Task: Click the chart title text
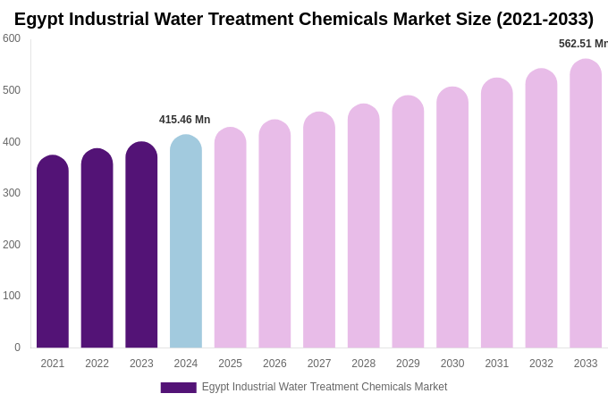(304, 19)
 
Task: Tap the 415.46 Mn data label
(185, 120)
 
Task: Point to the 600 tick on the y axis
(12, 38)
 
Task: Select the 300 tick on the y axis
(12, 193)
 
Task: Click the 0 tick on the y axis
(17, 348)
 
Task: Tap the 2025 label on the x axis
(231, 364)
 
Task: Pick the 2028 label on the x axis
(364, 364)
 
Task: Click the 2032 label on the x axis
(541, 364)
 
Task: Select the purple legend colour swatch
(178, 388)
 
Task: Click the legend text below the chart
(325, 387)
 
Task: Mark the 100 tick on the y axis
(12, 296)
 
